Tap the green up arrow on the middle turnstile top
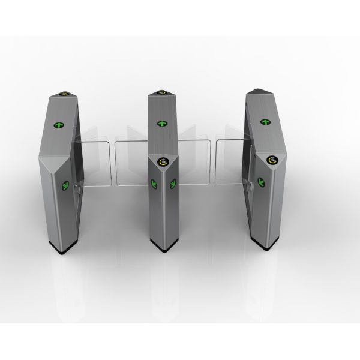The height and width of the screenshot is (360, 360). click(x=162, y=123)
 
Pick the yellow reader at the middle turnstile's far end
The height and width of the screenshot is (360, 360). click(x=162, y=92)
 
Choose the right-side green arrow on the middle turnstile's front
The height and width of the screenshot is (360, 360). click(x=173, y=184)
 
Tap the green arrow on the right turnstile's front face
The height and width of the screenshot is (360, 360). click(x=260, y=181)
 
